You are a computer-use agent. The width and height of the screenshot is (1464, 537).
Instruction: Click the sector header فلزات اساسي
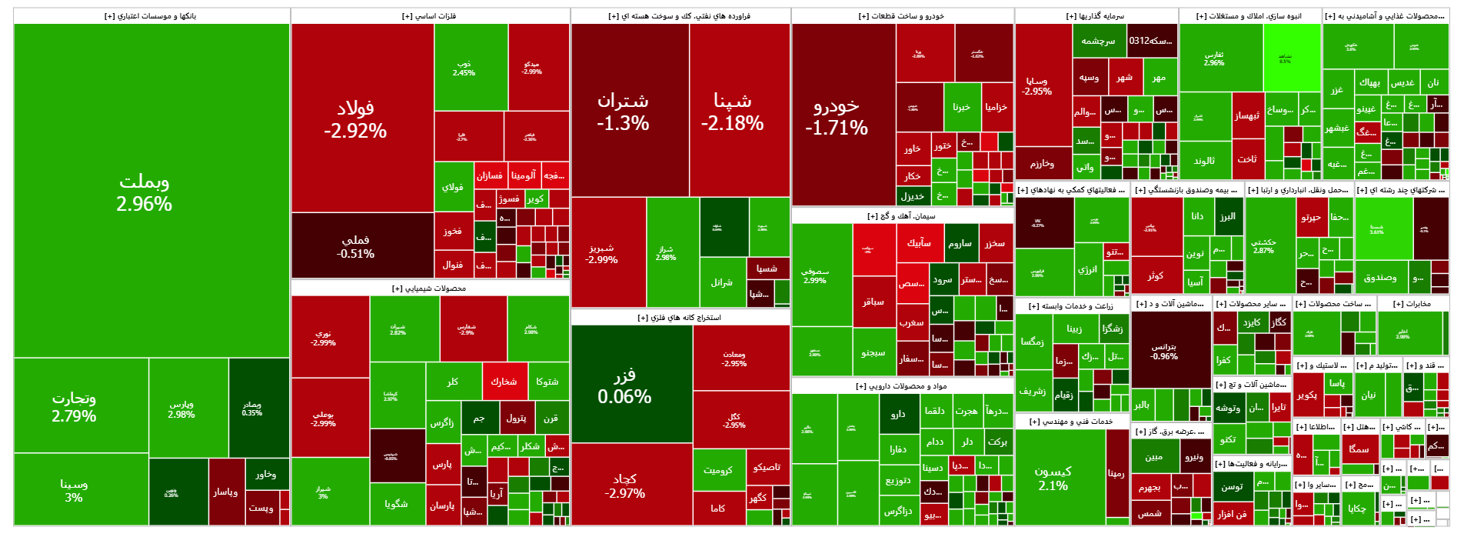pos(429,15)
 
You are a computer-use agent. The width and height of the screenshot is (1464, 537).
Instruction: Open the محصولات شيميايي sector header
pos(429,289)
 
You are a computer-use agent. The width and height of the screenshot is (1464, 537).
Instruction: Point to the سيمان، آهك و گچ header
pos(901,216)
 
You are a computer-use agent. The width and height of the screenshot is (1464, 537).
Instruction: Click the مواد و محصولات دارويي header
pos(901,386)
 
